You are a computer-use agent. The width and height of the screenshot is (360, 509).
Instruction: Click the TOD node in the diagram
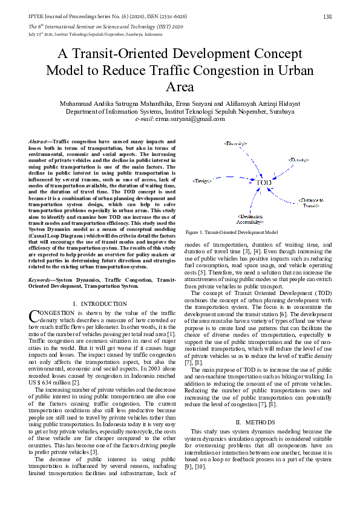click(263, 182)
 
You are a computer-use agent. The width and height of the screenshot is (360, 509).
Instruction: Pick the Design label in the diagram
click(202, 181)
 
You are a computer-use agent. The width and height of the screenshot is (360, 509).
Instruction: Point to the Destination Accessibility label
click(249, 218)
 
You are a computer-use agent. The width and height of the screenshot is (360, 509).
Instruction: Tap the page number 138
click(327, 16)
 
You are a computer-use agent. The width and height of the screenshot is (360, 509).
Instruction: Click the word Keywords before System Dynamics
click(41, 280)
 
